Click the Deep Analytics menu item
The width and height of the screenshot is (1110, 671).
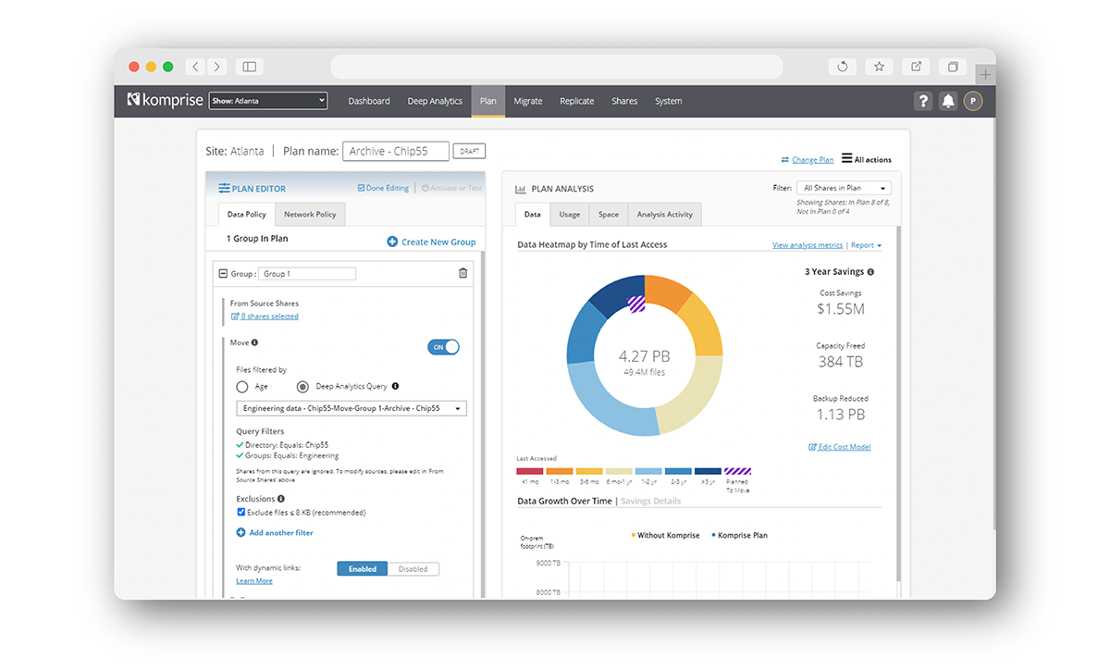click(x=435, y=101)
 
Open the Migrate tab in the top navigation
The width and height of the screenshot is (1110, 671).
click(x=527, y=101)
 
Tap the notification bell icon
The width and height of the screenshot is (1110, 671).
click(x=947, y=102)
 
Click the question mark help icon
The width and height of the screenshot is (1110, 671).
click(x=922, y=102)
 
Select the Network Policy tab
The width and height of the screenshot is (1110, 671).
click(x=310, y=214)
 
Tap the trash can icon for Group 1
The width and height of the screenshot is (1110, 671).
click(x=462, y=273)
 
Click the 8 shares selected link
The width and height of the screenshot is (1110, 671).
click(x=269, y=317)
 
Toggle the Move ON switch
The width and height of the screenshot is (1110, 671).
click(x=443, y=347)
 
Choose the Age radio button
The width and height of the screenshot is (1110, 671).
click(x=242, y=387)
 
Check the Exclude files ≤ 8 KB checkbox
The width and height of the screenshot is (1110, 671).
click(x=241, y=512)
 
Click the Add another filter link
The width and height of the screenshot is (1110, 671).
click(x=280, y=533)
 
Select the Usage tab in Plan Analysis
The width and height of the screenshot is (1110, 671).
click(x=570, y=215)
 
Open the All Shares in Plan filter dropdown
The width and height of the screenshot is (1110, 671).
click(x=844, y=188)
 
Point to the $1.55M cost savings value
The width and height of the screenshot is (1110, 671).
click(x=840, y=309)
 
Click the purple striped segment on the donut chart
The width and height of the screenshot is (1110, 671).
click(x=636, y=304)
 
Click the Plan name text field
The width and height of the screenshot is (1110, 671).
click(x=395, y=151)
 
